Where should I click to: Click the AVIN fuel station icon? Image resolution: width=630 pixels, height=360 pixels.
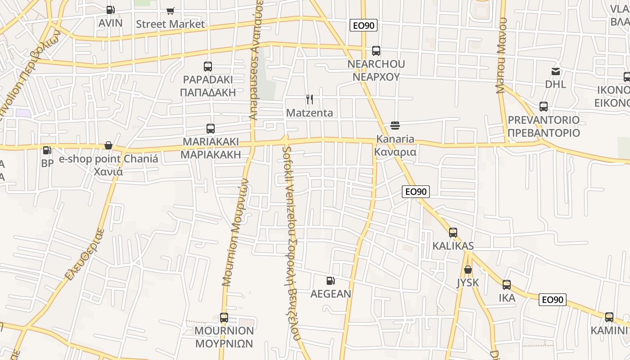110,9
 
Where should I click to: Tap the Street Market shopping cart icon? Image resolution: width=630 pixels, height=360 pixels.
170,11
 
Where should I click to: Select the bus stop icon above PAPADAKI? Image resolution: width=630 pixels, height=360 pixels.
207,67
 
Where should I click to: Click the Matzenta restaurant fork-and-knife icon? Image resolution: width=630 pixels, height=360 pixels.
310,99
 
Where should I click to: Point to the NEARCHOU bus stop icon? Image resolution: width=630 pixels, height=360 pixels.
376,51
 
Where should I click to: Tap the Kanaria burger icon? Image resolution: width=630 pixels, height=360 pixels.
395,125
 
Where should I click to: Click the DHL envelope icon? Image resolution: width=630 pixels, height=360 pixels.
556,71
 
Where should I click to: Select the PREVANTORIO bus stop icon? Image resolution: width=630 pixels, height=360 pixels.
544,107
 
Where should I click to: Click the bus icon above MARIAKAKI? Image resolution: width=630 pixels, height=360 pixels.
210,129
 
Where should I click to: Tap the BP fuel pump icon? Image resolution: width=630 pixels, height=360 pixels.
47,150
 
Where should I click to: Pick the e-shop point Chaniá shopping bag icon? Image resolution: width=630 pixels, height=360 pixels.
108,145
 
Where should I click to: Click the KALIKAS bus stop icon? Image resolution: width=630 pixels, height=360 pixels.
453,233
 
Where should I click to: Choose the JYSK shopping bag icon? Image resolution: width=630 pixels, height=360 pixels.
468,270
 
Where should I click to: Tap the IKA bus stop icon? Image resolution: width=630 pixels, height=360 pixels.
507,285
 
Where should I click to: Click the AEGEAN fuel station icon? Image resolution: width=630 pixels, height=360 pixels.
331,281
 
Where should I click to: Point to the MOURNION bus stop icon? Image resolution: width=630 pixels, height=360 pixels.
224,318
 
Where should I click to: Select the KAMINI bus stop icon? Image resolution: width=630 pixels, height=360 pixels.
609,317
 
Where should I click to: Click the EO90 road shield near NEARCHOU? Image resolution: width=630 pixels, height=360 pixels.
364,26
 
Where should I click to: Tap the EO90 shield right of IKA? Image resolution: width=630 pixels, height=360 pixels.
553,300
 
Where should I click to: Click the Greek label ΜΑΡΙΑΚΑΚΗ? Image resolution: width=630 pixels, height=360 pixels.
211,155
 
